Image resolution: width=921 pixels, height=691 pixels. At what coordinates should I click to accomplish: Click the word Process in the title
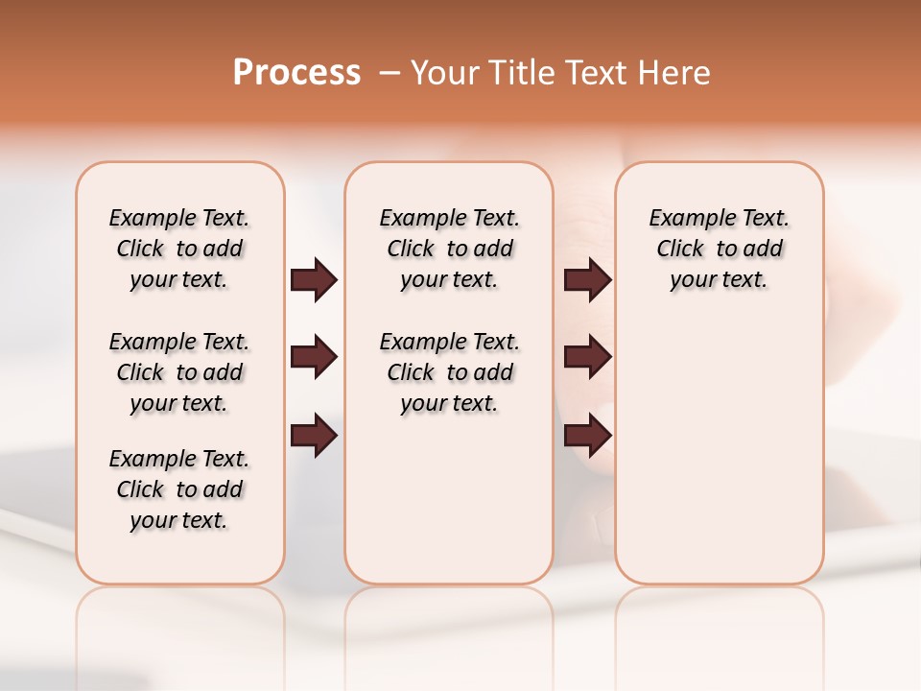(x=296, y=72)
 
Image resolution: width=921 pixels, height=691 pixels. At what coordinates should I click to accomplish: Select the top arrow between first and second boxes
(x=314, y=280)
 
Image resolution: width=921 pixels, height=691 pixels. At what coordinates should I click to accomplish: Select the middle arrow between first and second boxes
(x=314, y=358)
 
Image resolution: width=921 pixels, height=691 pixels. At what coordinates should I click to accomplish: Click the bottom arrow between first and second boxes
(x=314, y=436)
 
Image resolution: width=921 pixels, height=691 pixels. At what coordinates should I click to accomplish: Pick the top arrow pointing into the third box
(x=587, y=280)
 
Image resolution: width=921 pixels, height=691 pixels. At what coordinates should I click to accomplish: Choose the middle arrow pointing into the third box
(x=587, y=358)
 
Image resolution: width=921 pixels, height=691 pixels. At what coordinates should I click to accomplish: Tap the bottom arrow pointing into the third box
(x=587, y=436)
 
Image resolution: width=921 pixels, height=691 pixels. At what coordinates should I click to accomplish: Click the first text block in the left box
(x=179, y=249)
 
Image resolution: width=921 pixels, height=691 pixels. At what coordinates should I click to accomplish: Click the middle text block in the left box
(x=179, y=372)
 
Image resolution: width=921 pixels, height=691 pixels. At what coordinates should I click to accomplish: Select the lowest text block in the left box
(x=179, y=489)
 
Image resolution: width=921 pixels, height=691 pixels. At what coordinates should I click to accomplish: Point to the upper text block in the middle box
(x=449, y=249)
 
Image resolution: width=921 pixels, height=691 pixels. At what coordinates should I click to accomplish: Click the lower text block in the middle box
(x=449, y=372)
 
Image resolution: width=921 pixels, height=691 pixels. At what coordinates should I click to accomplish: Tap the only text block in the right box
(x=719, y=249)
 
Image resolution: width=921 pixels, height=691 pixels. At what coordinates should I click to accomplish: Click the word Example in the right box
(x=684, y=219)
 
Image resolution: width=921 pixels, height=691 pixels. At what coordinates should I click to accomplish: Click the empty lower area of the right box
(x=719, y=451)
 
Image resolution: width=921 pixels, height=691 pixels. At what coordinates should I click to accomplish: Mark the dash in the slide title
(x=390, y=73)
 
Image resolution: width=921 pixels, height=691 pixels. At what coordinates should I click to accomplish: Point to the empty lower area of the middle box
(x=449, y=499)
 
